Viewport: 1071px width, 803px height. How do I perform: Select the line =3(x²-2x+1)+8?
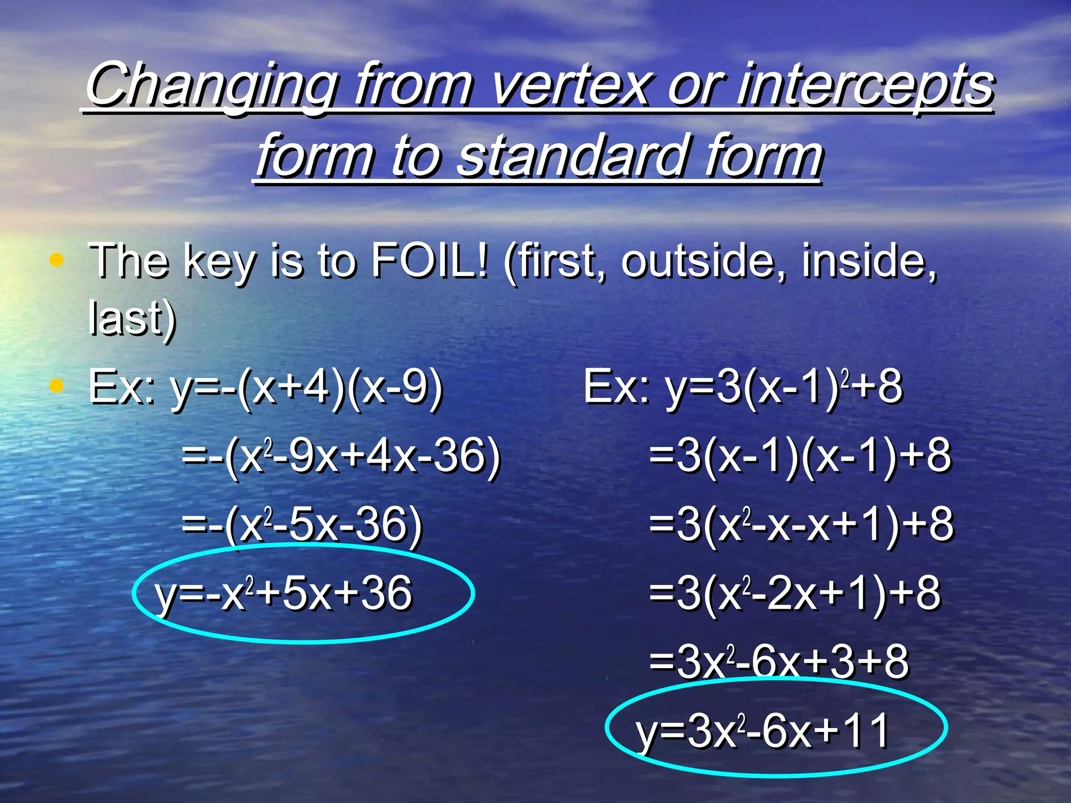pos(795,594)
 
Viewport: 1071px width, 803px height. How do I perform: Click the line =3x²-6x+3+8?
pos(779,662)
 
